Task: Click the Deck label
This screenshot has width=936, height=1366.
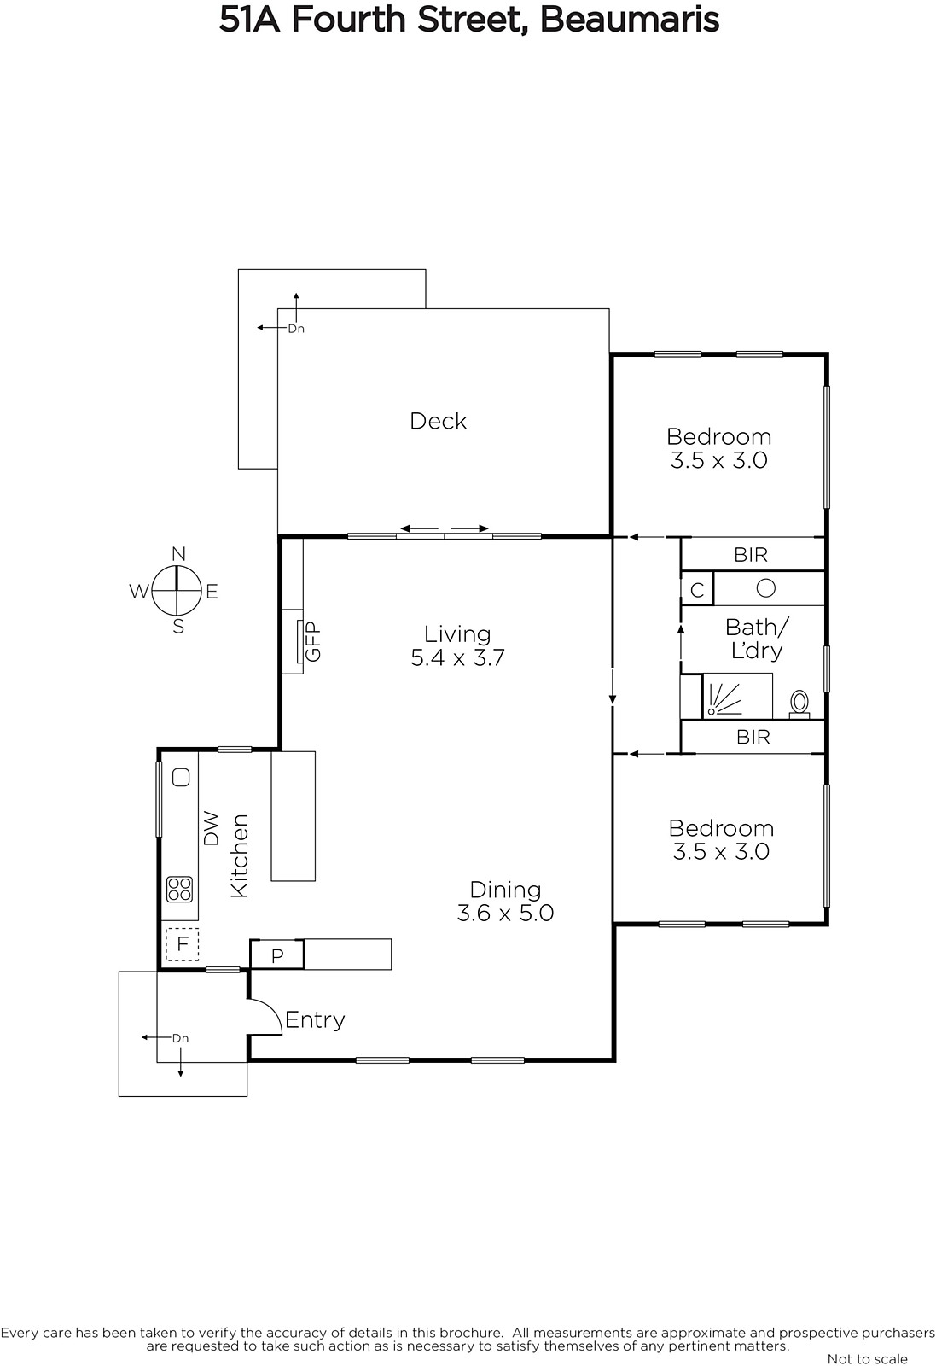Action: tap(439, 422)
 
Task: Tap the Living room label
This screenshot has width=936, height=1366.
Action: tap(457, 634)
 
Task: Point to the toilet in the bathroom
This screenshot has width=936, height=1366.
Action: tap(799, 703)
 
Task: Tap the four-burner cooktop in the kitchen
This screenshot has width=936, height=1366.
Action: tap(180, 889)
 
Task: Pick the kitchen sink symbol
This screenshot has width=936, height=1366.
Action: tap(181, 778)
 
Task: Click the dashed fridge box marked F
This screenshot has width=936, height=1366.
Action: tap(183, 944)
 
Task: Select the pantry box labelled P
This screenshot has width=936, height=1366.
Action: tap(277, 955)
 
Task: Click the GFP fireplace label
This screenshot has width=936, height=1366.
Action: tap(313, 641)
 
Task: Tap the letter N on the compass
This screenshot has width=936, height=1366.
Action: tap(178, 554)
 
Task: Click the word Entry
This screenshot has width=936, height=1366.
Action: tap(315, 1020)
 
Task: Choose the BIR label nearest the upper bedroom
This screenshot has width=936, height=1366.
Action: tap(752, 555)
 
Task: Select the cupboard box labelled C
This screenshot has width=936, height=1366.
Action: tap(697, 589)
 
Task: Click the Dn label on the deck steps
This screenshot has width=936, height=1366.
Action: tap(296, 329)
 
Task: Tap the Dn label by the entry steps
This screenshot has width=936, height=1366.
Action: tap(180, 1038)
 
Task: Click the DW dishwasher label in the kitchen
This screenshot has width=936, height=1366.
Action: tap(210, 828)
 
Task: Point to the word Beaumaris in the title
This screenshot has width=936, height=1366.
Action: tap(630, 20)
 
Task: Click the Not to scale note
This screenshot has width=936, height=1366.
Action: tap(867, 1359)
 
